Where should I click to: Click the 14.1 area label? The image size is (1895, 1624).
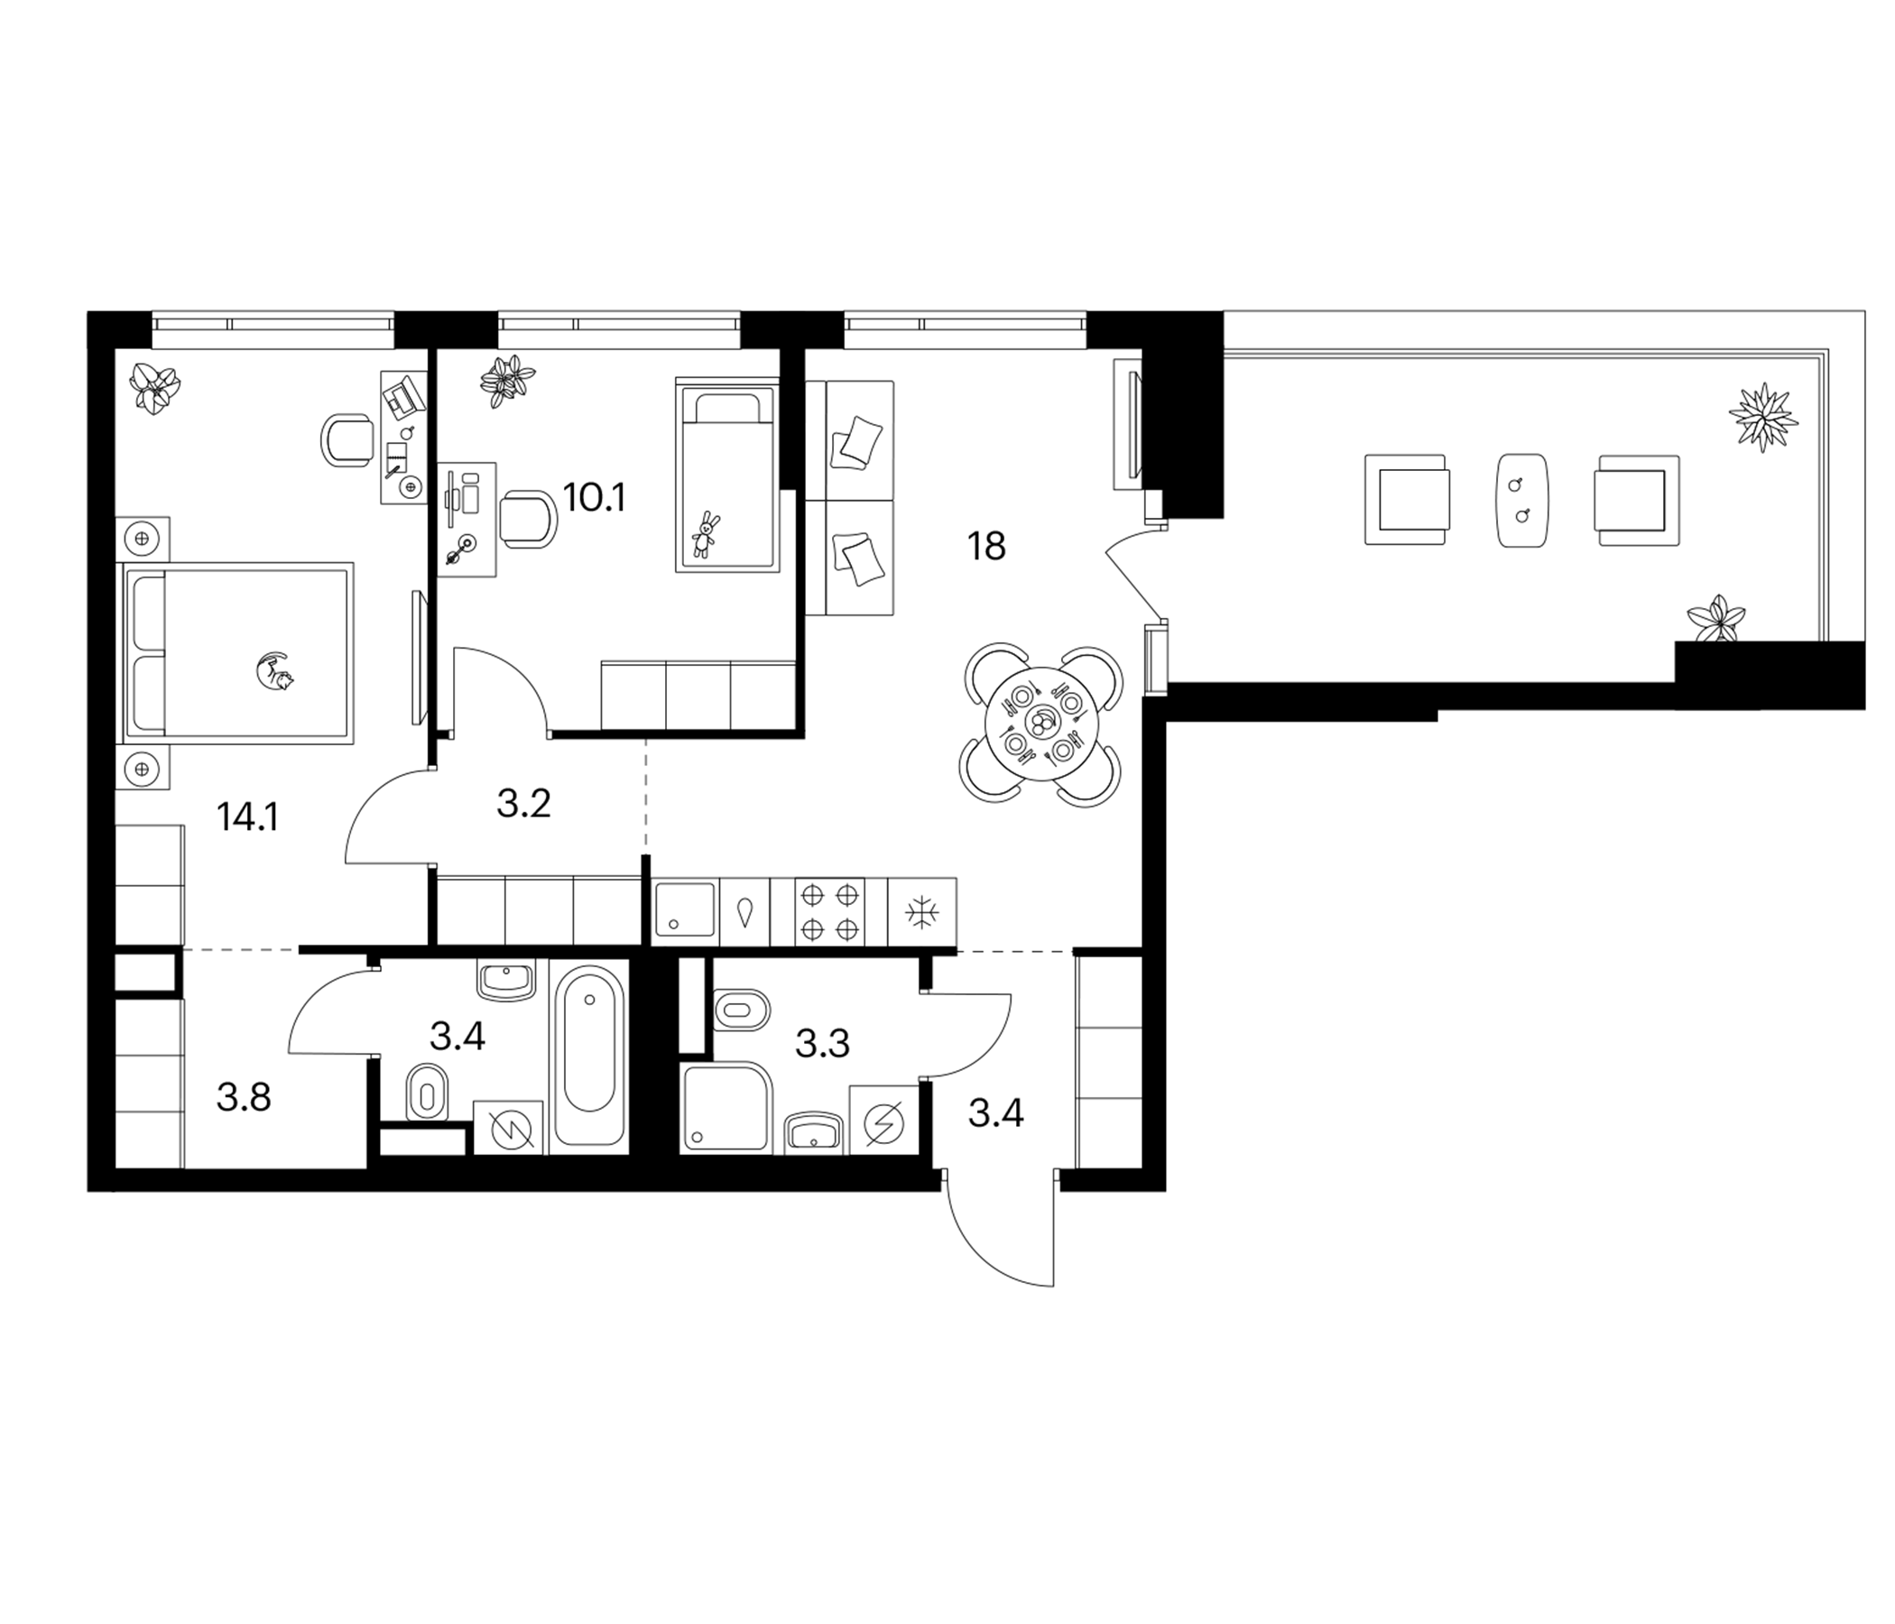[x=247, y=817]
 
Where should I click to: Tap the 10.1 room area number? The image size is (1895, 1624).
[x=595, y=498]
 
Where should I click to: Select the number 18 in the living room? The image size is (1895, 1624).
[x=986, y=546]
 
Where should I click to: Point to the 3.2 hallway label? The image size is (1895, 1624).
[x=523, y=804]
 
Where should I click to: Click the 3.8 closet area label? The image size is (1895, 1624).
[x=244, y=1097]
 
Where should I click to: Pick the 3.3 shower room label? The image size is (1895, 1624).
[x=822, y=1043]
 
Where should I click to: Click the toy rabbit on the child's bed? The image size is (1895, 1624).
[x=705, y=535]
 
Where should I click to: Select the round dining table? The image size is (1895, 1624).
[x=1040, y=725]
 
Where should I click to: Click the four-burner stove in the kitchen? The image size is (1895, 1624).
[x=829, y=910]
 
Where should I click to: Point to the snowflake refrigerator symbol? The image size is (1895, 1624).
[x=922, y=911]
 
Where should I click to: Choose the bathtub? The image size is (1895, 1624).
[x=589, y=1056]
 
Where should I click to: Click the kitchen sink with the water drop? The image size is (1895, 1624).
[x=744, y=911]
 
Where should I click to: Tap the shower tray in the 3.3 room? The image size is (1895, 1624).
[x=727, y=1106]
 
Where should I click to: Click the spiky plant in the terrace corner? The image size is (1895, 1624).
[x=1762, y=417]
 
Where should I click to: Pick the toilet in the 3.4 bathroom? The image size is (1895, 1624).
[x=427, y=1091]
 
